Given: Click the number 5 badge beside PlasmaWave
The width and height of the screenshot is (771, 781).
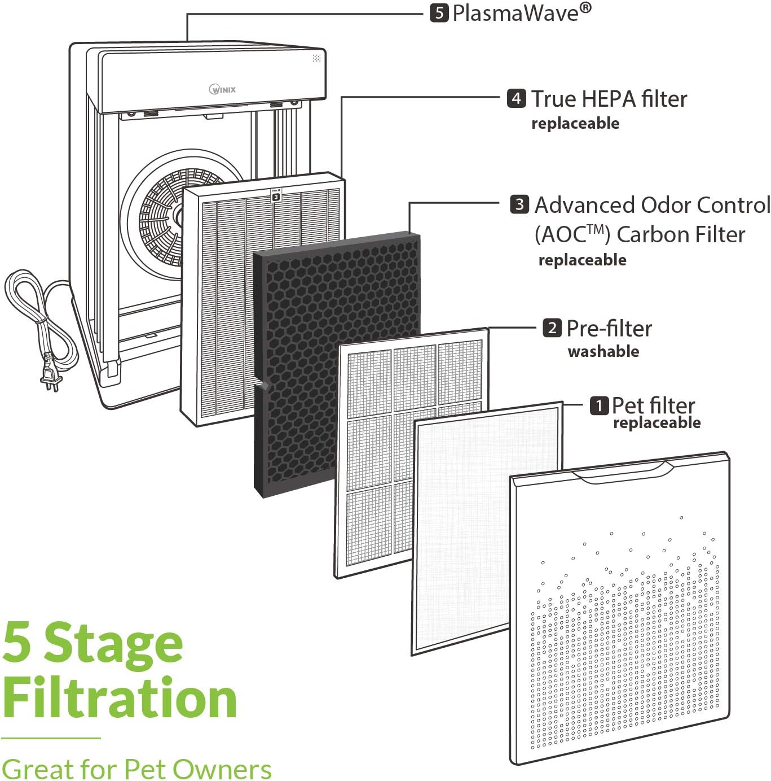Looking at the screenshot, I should click(439, 12).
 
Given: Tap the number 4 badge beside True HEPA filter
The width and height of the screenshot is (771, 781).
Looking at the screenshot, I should click(516, 98).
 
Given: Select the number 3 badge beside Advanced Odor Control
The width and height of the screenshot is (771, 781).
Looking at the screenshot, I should click(519, 204).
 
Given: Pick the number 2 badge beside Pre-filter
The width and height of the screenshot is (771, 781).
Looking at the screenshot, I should click(552, 328).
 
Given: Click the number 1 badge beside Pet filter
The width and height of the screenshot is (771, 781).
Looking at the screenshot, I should click(599, 405).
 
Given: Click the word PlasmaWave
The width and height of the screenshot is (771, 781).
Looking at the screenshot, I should click(515, 12).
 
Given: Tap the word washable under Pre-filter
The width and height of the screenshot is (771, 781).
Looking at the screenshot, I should click(603, 351).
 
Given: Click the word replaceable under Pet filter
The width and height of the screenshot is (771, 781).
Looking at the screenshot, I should click(657, 423).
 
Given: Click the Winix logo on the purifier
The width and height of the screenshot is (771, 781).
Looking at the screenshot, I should click(223, 89).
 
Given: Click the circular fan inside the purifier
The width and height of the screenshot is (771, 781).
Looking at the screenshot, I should click(169, 215).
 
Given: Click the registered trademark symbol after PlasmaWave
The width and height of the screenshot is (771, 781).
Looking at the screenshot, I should click(585, 7).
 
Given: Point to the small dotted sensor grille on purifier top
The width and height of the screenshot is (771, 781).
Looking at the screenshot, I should click(316, 58).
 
